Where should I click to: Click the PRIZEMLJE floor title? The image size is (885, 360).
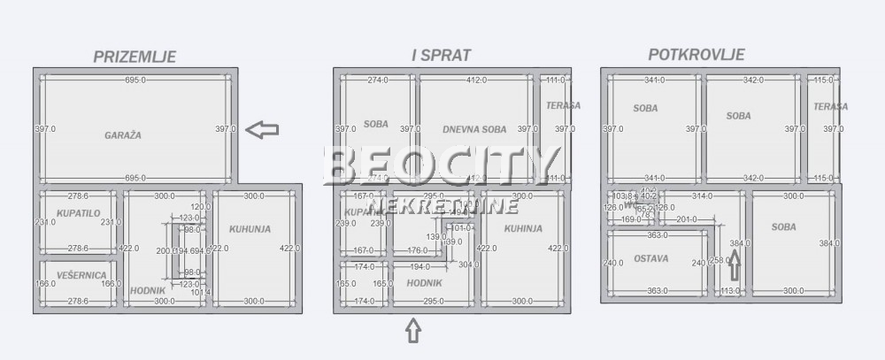(135, 57)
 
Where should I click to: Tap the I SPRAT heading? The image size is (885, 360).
(441, 55)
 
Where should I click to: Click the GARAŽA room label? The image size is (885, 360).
(123, 135)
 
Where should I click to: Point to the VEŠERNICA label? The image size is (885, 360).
(81, 276)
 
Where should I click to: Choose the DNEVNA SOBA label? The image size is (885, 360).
(474, 129)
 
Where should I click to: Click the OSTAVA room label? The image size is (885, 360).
(650, 259)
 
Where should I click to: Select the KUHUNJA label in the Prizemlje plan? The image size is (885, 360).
(250, 229)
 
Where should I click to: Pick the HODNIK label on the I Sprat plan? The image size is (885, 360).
(425, 283)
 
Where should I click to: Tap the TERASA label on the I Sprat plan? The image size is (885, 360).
(563, 105)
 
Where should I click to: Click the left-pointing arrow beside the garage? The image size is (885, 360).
(262, 130)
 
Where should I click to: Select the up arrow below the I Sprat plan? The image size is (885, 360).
(412, 331)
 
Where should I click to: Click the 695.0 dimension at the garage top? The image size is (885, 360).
(135, 80)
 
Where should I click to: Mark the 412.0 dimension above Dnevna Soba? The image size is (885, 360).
(476, 80)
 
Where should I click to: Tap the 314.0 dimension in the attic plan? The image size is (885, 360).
(702, 195)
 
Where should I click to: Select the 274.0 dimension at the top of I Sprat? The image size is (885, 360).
(378, 80)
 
